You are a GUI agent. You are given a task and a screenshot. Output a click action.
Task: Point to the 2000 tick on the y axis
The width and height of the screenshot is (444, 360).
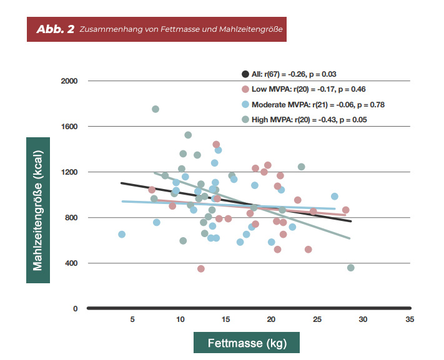coord(69,81)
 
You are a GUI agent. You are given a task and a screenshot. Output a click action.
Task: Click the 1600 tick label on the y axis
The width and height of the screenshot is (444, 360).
coord(69,127)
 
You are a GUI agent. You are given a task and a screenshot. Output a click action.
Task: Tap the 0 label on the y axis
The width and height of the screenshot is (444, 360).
coord(75,309)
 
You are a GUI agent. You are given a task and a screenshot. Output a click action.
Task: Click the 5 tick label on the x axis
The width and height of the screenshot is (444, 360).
coord(132,319)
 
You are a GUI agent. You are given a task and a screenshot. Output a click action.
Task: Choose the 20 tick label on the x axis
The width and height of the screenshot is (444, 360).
coord(271,319)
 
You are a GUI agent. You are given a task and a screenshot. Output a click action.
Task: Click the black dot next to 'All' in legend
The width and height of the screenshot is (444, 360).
coord(245,74)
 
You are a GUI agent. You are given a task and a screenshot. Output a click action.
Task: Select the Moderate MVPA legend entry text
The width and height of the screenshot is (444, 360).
coord(318,104)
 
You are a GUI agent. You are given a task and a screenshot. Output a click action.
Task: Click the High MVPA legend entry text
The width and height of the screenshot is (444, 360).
coord(309,119)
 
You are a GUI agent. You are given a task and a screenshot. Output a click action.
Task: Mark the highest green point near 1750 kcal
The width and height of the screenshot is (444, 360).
coord(155,109)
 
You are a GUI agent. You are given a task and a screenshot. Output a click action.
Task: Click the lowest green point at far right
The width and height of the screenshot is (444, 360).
coord(351,268)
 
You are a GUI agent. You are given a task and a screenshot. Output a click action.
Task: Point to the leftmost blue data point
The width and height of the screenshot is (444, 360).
coord(122,235)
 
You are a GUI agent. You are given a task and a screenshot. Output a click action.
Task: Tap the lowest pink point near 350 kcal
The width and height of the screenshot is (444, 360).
coord(201,269)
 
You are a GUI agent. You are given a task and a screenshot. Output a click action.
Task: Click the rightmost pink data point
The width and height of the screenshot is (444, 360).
coord(345,210)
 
